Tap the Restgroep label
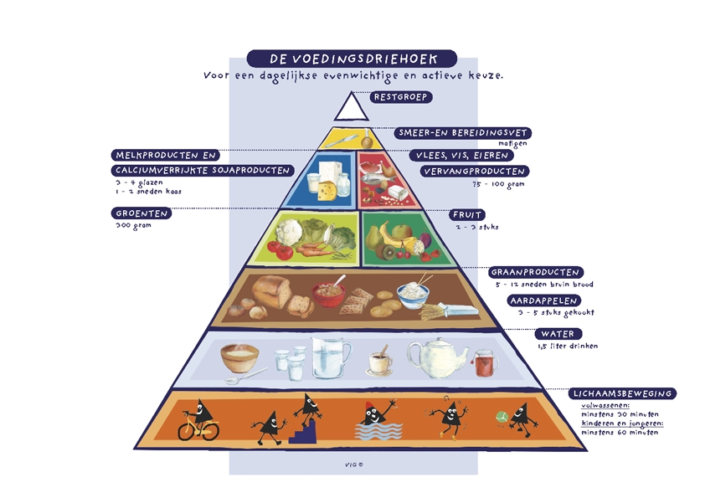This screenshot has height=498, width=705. click(401, 97)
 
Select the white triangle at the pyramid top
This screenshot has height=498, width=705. click(351, 107)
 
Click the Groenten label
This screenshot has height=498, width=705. click(142, 213)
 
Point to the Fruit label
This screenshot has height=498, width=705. click(467, 215)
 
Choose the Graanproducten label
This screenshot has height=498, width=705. click(536, 272)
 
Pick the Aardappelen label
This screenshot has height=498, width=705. click(544, 300)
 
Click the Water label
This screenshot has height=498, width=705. click(558, 335)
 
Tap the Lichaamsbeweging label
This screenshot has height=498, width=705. click(623, 393)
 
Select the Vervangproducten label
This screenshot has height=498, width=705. click(475, 172)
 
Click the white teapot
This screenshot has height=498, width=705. click(437, 358)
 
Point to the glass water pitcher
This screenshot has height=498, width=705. click(331, 357)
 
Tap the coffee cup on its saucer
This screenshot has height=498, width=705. click(379, 362)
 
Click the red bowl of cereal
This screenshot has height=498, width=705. click(329, 294)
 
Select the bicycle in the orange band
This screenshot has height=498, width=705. click(198, 426)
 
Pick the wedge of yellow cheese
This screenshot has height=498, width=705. click(327, 191)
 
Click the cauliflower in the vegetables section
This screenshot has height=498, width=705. click(289, 231)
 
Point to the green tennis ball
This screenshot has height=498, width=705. click(502, 418)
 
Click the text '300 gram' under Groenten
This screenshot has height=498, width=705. click(133, 225)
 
